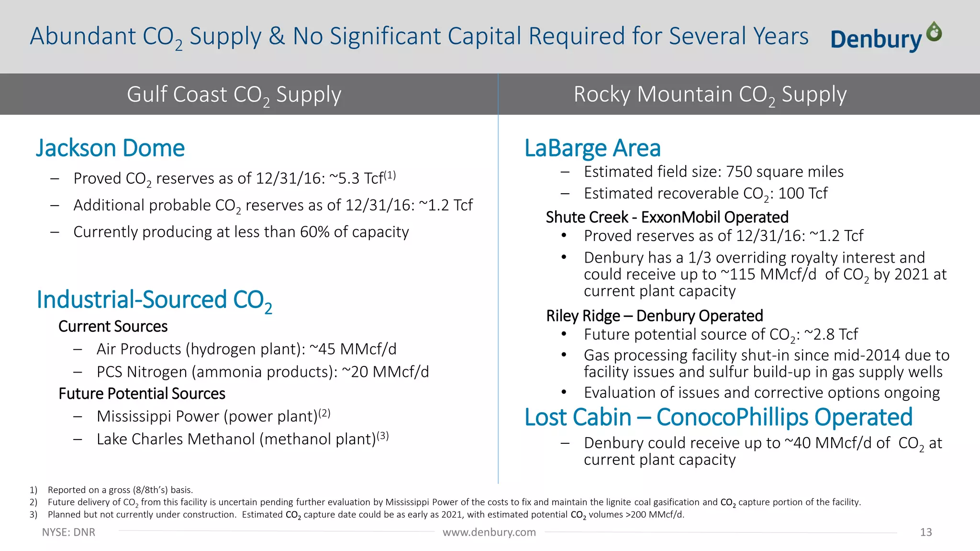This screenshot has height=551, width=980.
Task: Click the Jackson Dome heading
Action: click(110, 148)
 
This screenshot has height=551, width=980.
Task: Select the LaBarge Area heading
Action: click(592, 148)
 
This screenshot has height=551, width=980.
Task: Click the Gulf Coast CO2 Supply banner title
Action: click(234, 94)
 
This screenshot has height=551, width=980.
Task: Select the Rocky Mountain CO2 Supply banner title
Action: click(710, 94)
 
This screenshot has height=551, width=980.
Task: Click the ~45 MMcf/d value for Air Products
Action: click(353, 349)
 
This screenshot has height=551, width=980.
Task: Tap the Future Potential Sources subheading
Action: click(142, 394)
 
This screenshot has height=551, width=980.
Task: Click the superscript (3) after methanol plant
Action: click(383, 436)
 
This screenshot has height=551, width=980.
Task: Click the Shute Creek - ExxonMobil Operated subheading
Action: click(667, 217)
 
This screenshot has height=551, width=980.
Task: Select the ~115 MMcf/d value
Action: click(768, 275)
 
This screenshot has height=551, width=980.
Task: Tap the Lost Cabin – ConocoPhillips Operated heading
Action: click(718, 417)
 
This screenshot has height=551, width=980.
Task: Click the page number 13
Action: click(925, 532)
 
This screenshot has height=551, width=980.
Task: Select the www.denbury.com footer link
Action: click(489, 532)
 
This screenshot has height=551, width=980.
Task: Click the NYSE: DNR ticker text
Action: click(68, 532)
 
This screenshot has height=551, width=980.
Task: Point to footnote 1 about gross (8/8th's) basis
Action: click(120, 490)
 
